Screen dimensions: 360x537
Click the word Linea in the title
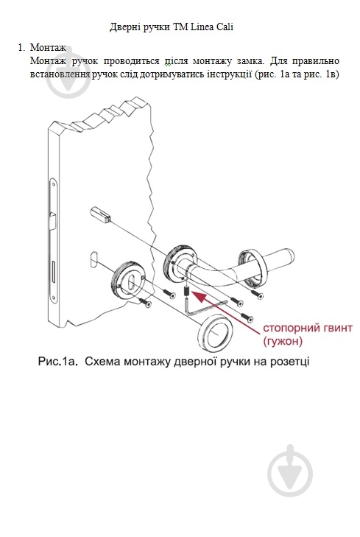202,27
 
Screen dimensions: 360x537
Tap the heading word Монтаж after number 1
48,47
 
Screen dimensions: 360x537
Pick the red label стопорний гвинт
307,328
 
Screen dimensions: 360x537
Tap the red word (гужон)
282,341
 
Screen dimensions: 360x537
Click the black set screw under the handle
187,291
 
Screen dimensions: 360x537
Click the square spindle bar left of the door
100,214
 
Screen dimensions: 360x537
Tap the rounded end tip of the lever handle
291,256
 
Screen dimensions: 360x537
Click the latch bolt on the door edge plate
53,220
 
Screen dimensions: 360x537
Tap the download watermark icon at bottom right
290,470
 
